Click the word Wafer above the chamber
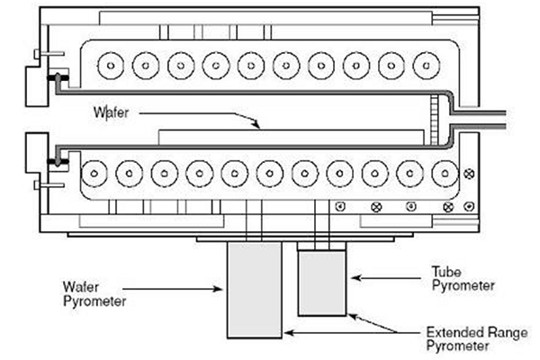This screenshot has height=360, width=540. [x=111, y=112]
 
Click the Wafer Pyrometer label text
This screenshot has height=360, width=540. [x=94, y=294]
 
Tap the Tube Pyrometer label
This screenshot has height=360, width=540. [x=463, y=279]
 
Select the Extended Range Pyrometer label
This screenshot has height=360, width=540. [x=477, y=339]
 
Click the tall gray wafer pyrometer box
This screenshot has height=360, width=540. [x=255, y=291]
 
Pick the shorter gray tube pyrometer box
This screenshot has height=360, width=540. [x=322, y=283]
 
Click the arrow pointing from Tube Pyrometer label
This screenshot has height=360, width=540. [x=386, y=278]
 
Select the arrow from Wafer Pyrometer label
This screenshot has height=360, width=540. [x=173, y=289]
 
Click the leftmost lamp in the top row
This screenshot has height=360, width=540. [x=111, y=66]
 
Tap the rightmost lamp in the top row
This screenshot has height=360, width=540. [x=427, y=66]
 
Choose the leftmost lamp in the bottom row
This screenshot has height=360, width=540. [x=94, y=174]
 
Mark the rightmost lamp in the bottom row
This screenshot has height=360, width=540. [x=445, y=174]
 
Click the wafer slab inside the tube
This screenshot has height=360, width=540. [x=291, y=137]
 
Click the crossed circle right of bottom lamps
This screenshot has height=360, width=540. [x=469, y=174]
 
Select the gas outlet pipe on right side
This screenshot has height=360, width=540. [x=480, y=120]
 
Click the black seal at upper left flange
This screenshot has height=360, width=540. [x=58, y=77]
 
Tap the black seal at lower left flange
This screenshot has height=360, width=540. [x=58, y=160]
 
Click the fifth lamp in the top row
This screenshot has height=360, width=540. [x=251, y=66]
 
